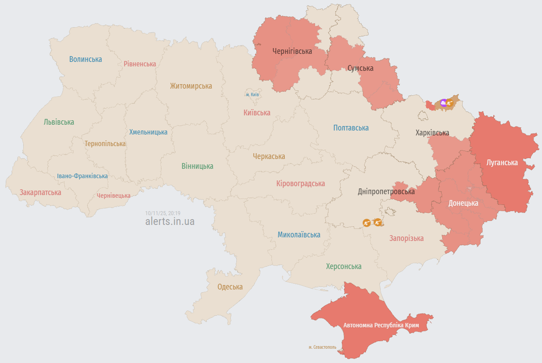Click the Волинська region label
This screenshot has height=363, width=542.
[x=86, y=59]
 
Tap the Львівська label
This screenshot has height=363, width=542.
[x=59, y=122]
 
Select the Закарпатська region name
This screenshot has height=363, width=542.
[x=40, y=193]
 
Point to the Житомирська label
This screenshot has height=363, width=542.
[x=191, y=86]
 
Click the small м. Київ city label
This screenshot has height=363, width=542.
[x=252, y=94]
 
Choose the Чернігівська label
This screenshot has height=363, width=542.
[x=292, y=51]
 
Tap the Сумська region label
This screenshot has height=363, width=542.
[x=360, y=68]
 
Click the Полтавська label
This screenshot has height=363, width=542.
[x=351, y=128]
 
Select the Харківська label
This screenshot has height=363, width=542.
[x=432, y=133]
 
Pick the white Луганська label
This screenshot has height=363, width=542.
[x=502, y=163]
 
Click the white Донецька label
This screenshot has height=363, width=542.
[x=463, y=203]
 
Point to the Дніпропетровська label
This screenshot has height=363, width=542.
[x=386, y=192]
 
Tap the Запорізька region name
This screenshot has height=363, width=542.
[x=406, y=238]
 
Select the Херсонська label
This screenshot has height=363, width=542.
[x=343, y=266]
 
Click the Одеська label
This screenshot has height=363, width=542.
[x=230, y=287]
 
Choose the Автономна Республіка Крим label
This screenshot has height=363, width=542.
[x=381, y=326]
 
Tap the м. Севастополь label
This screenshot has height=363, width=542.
[x=322, y=347]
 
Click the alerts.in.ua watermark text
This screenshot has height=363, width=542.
[x=170, y=221]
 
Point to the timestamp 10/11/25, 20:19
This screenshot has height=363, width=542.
[x=166, y=213]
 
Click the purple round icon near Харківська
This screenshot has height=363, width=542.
[x=443, y=103]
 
